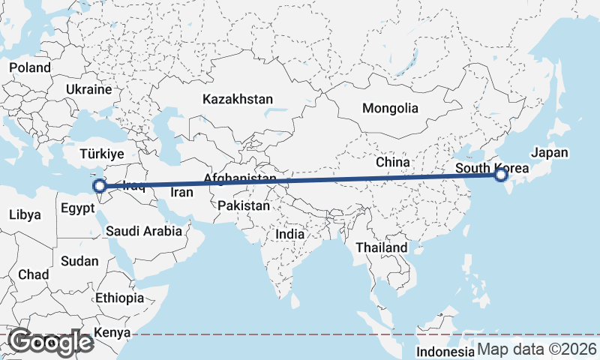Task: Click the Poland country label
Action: pyautogui.click(x=30, y=67)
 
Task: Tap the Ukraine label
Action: pyautogui.click(x=88, y=89)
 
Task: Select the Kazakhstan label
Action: pyautogui.click(x=238, y=99)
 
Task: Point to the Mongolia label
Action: pyautogui.click(x=390, y=108)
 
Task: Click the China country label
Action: pyautogui.click(x=393, y=161)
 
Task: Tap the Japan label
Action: pyautogui.click(x=550, y=153)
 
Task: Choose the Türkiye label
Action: pyautogui.click(x=102, y=154)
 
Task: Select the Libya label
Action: pyautogui.click(x=25, y=214)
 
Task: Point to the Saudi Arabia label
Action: pyautogui.click(x=144, y=231)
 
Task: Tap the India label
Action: pyautogui.click(x=290, y=234)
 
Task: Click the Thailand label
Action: pyautogui.click(x=382, y=247)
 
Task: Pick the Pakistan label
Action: pyautogui.click(x=244, y=205)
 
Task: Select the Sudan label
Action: pyautogui.click(x=79, y=261)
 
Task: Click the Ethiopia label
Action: pyautogui.click(x=119, y=298)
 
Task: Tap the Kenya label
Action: pyautogui.click(x=112, y=332)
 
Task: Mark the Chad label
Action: pyautogui.click(x=33, y=274)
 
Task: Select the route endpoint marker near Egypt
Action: pyautogui.click(x=99, y=185)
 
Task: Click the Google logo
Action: pyautogui.click(x=50, y=342)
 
